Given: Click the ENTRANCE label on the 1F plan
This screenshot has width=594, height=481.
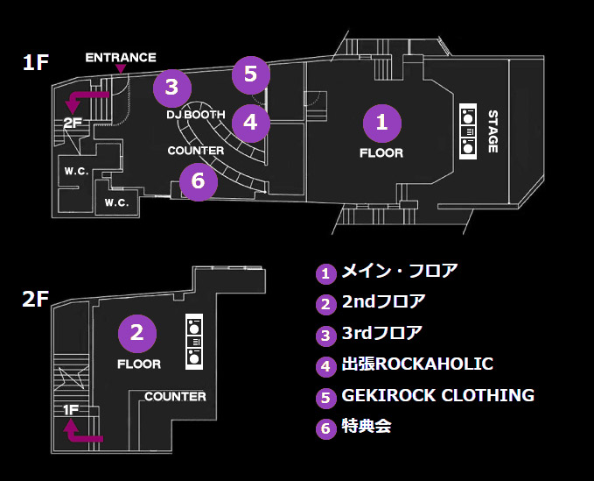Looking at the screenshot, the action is pos(121,58).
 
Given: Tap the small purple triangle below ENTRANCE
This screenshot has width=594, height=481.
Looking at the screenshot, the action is pos(121,68).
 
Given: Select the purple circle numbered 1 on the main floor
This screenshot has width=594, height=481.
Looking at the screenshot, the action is pos(381,124).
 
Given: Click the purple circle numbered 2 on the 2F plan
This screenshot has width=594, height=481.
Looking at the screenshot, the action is pos(137,334).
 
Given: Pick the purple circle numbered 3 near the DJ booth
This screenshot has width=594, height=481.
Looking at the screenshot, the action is pos(172,88).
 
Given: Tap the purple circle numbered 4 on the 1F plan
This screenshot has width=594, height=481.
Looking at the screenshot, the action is pos(251,123).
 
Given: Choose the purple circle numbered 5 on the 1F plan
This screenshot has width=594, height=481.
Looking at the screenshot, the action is pos(251,74).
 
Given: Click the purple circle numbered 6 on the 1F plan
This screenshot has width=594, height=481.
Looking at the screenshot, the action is pos(199,181).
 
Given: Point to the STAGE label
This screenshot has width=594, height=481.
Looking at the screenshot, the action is pos(493,131).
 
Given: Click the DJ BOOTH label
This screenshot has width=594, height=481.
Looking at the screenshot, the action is pos(196,115).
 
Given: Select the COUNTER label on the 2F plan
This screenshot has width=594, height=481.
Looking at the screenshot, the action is pos(175,397).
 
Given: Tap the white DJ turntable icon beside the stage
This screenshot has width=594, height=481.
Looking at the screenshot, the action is pos(468,131).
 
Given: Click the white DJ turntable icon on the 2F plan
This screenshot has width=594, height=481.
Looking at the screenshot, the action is pos(194,342).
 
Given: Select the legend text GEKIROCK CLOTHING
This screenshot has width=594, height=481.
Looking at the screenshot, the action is pos(438,395).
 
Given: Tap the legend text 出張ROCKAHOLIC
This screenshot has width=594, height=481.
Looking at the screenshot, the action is pos(417,364).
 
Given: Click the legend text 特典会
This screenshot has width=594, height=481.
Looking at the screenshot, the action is pos(367,426).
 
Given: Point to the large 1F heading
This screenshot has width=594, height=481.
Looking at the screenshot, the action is pos(36,62).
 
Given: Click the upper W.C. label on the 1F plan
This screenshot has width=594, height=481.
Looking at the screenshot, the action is pos(76,171).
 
